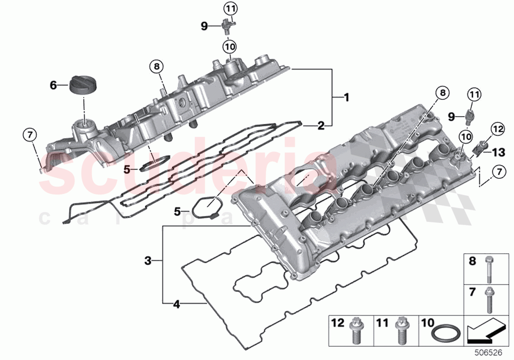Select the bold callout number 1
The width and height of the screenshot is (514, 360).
pyautogui.click(x=346, y=97)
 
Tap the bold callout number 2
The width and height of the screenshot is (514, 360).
pyautogui.click(x=321, y=126)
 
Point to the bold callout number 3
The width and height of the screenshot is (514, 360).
pyautogui.click(x=148, y=261)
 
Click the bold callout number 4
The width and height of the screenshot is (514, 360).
pyautogui.click(x=176, y=305)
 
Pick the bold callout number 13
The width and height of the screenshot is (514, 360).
pyautogui.click(x=498, y=152)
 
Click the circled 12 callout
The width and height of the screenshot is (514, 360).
pyautogui.click(x=497, y=129)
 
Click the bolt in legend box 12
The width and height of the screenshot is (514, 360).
pyautogui.click(x=354, y=331)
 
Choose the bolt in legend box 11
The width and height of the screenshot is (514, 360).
pyautogui.click(x=400, y=331)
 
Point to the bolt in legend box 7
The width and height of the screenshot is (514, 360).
pyautogui.click(x=489, y=300)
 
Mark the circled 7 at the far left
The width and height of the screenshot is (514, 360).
pyautogui.click(x=30, y=134)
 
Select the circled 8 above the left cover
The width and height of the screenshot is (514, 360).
pyautogui.click(x=156, y=67)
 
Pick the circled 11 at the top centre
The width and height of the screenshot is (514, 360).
pyautogui.click(x=230, y=8)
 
